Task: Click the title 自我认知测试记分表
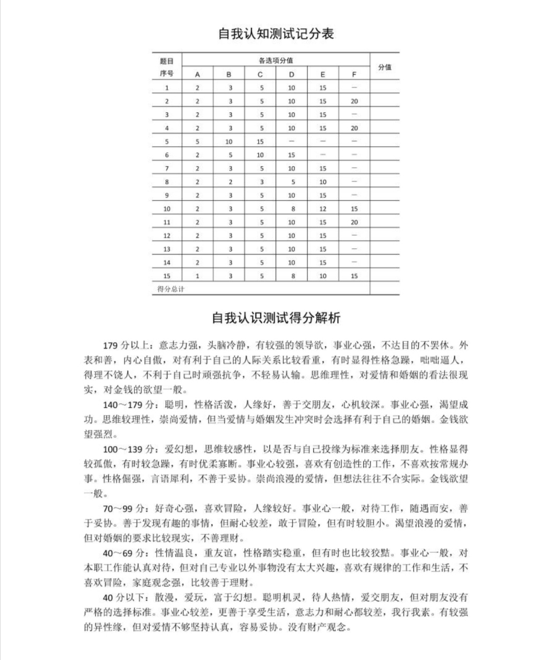pos(276,34)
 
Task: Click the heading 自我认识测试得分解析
pos(276,318)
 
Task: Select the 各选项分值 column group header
pos(275,60)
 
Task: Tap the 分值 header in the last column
pos(385,67)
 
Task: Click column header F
pos(354,74)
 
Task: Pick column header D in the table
pos(291,74)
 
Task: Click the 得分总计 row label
pos(170,289)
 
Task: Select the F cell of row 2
pos(354,101)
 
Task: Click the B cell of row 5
pos(229,142)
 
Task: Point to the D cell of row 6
pos(291,155)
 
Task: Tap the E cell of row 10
pos(322,208)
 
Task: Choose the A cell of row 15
pos(197,276)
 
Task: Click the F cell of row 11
pos(354,222)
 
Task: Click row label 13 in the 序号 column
pos(167,249)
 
